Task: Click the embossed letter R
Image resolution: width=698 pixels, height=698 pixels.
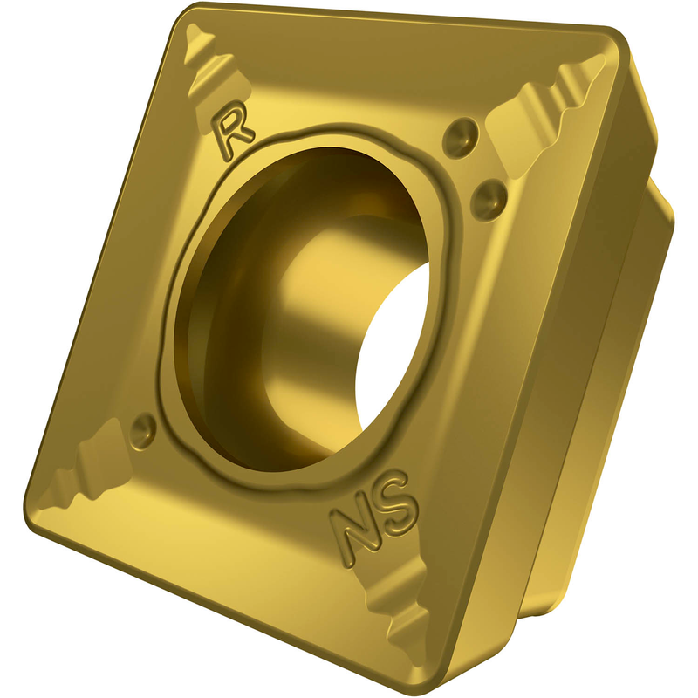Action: pyautogui.click(x=234, y=130)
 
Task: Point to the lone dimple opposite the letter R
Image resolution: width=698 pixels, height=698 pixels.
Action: pyautogui.click(x=143, y=429)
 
